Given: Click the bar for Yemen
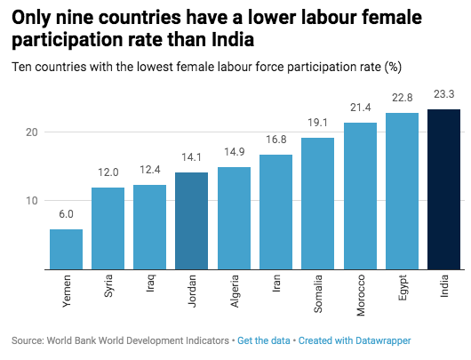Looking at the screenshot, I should (x=67, y=249).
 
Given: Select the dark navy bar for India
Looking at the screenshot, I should (x=443, y=188).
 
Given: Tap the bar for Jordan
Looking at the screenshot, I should (x=192, y=220).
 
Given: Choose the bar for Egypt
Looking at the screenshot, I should (x=402, y=190).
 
